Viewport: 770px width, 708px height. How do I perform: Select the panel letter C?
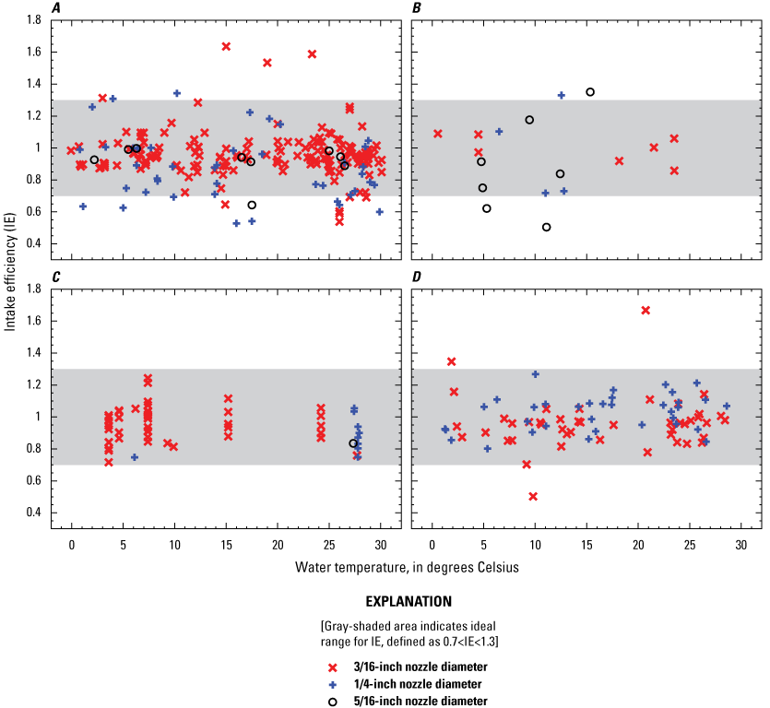pyautogui.click(x=57, y=277)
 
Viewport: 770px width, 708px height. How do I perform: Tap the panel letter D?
pyautogui.click(x=417, y=277)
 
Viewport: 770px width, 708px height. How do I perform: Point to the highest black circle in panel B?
pyautogui.click(x=590, y=92)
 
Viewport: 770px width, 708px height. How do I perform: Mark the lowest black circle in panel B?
pyautogui.click(x=547, y=227)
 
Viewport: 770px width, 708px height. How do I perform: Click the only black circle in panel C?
pyautogui.click(x=353, y=443)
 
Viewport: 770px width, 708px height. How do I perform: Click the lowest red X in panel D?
pyautogui.click(x=533, y=496)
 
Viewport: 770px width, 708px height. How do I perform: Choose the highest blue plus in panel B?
pyautogui.click(x=561, y=95)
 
